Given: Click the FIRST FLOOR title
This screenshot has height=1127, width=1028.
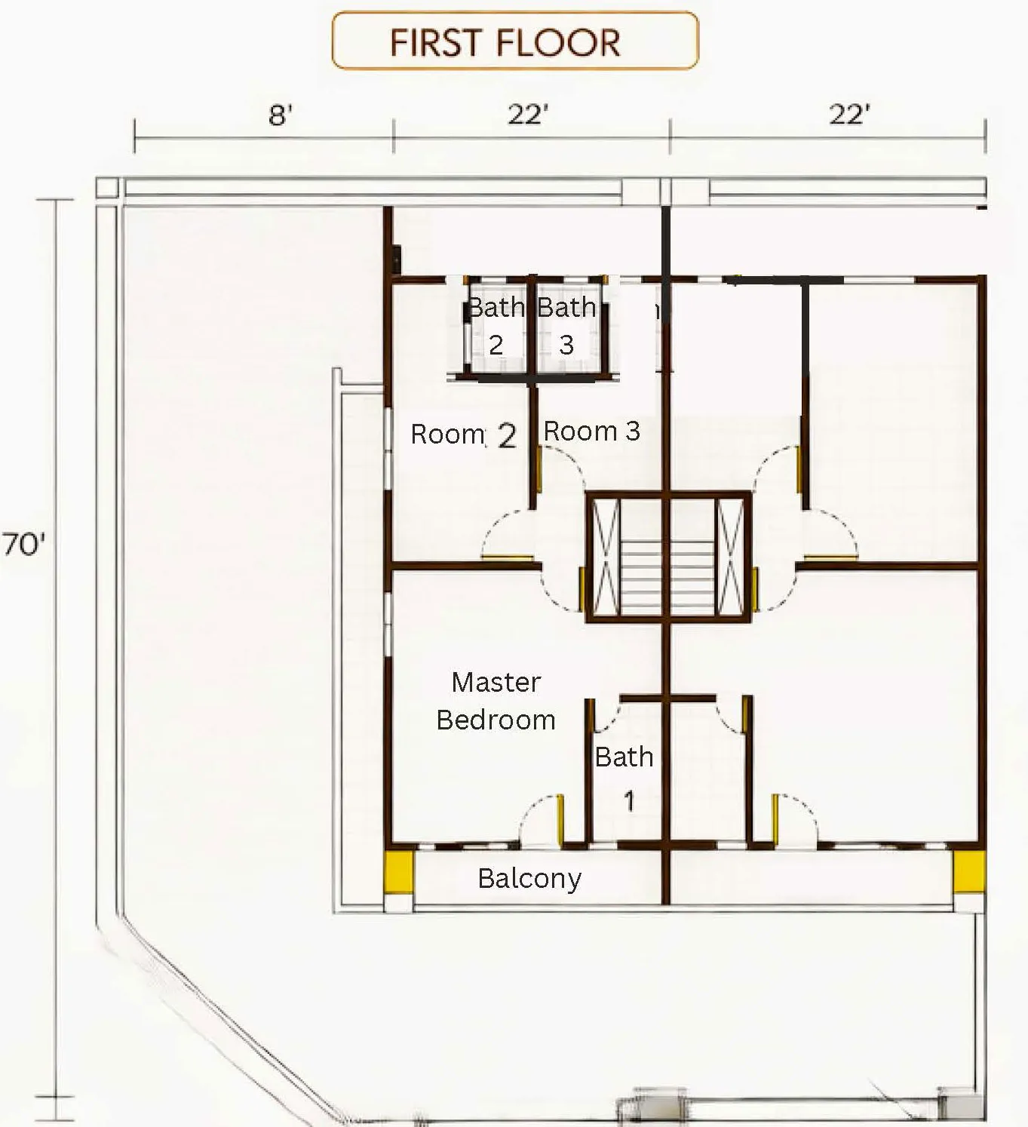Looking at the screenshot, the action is (505, 43).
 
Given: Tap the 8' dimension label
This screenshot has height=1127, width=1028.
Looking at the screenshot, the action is (281, 115).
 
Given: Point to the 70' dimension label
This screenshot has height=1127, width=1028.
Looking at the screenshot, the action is (23, 545).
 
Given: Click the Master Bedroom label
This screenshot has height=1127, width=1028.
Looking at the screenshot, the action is (496, 701).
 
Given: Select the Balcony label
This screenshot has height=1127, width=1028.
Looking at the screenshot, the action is (529, 879).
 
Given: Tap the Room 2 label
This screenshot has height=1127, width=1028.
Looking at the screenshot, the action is (463, 435).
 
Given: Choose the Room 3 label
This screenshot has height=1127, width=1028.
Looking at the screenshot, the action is (592, 431).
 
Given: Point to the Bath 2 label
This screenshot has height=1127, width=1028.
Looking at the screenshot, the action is (496, 326).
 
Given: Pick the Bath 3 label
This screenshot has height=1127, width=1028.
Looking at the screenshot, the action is (566, 326).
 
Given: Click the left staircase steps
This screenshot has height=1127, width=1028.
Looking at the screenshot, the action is (641, 578).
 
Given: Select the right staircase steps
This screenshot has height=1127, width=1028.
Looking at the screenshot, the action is (692, 578).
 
